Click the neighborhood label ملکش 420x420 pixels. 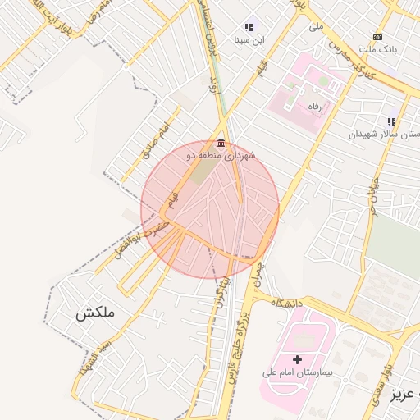(96, 313)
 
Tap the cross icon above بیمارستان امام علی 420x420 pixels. (297, 359)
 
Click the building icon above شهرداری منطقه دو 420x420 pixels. (221, 144)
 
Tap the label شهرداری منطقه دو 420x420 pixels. (222, 155)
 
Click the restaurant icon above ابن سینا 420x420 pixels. (249, 28)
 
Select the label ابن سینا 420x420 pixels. (249, 39)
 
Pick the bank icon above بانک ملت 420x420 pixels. (377, 37)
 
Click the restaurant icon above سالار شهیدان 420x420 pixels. (392, 121)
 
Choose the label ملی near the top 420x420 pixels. (317, 26)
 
